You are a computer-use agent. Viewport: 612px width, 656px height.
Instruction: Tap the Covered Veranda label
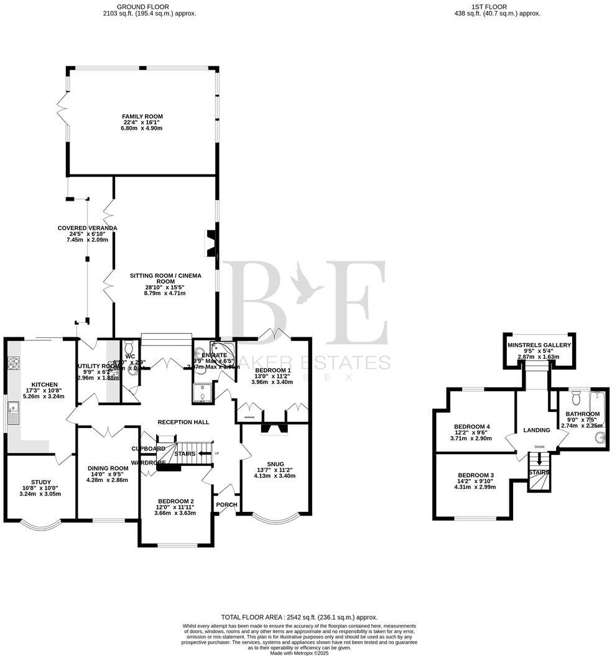(88, 228)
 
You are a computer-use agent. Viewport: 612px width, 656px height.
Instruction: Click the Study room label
(41, 481)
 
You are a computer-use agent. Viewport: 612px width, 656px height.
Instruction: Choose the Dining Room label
(107, 468)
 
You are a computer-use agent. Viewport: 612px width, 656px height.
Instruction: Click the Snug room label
(274, 463)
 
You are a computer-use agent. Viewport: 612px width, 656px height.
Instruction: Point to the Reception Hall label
(183, 422)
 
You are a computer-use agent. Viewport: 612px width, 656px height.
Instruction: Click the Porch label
(226, 504)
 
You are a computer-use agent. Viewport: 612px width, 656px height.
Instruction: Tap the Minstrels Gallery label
(539, 345)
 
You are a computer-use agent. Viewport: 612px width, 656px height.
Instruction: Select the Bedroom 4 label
(472, 427)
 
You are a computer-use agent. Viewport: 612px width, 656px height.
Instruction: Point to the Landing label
(536, 430)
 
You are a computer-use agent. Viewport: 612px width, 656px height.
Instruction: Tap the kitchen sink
(13, 408)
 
